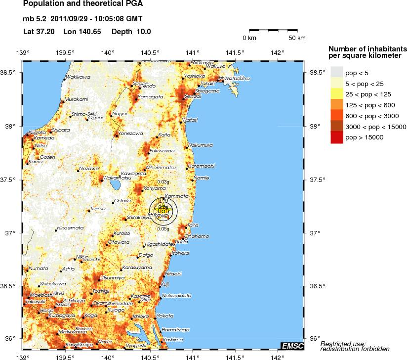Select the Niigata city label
click(x=38, y=132)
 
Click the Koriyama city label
click(x=155, y=188)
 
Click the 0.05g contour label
click(x=163, y=228)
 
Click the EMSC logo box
click(x=292, y=346)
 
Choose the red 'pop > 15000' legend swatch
click(x=336, y=138)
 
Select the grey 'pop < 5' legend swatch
click(x=336, y=73)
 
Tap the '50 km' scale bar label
click(x=297, y=38)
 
